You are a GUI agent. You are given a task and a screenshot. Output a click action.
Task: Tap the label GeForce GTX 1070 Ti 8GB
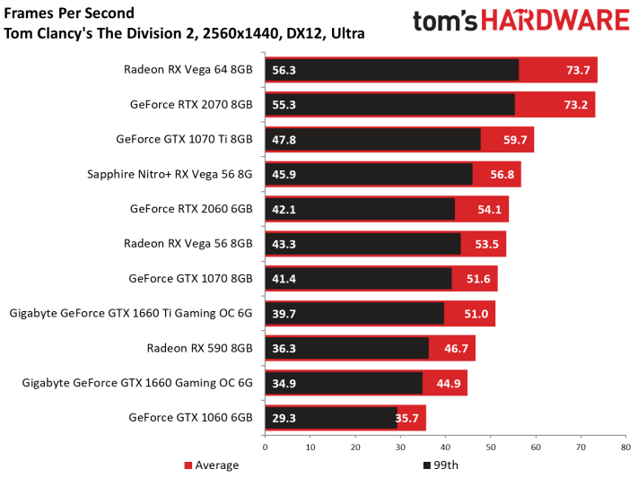(x=184, y=140)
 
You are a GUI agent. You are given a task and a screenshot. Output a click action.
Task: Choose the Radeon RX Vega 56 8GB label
(x=188, y=244)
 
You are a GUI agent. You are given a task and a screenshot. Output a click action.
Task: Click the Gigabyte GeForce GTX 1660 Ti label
(x=131, y=314)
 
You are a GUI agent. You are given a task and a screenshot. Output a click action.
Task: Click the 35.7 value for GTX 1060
(x=410, y=418)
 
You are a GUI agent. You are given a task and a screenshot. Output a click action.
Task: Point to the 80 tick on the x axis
(x=625, y=445)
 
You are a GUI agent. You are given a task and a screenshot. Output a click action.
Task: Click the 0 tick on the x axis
(x=265, y=445)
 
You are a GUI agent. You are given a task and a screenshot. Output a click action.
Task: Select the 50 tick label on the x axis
(x=490, y=445)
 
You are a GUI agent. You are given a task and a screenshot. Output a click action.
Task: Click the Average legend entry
(x=211, y=465)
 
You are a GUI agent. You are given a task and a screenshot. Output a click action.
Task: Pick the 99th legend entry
(x=444, y=465)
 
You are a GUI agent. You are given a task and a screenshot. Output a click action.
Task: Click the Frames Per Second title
(x=69, y=13)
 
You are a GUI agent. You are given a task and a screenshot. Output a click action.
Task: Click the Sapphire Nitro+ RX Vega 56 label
(x=169, y=175)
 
